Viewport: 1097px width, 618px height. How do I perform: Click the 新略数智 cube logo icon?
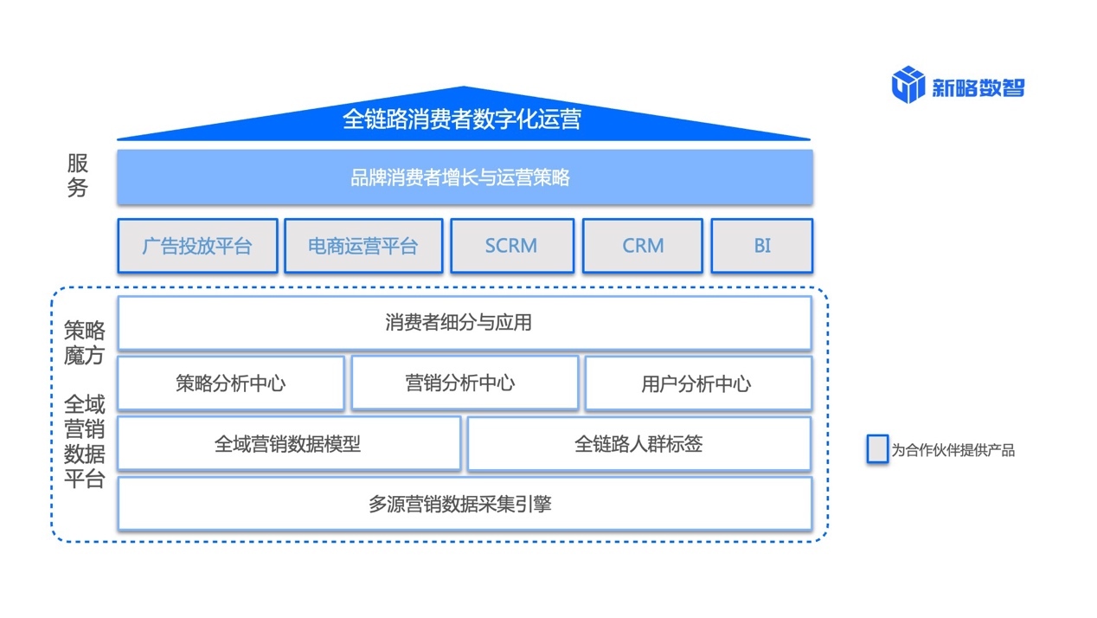pos(908,85)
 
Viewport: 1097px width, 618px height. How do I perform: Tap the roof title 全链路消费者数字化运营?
pos(462,119)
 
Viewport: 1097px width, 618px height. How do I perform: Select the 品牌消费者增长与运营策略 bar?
pos(465,177)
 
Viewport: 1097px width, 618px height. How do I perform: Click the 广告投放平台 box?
pos(197,246)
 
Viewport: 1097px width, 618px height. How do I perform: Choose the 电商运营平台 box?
pos(363,246)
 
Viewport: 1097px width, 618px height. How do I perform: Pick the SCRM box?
pos(511,246)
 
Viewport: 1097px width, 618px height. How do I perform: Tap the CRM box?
pos(643,246)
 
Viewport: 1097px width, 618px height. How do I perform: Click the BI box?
pos(761,246)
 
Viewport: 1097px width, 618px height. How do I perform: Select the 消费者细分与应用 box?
pos(464,323)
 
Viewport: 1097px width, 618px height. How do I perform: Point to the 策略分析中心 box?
pos(230,383)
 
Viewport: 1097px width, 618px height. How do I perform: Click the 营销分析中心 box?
pos(465,383)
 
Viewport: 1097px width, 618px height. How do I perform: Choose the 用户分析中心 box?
pos(698,383)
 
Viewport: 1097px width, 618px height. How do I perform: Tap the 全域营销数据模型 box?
pos(288,444)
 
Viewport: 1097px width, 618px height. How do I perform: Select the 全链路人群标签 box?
pos(639,444)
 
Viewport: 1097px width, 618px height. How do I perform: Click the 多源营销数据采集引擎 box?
pos(464,504)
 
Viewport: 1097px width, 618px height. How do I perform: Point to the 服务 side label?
pos(78,176)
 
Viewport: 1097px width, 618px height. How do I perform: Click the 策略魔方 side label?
pos(85,343)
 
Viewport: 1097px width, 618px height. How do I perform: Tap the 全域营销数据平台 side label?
pos(85,441)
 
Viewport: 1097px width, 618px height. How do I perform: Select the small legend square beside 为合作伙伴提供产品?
pos(877,449)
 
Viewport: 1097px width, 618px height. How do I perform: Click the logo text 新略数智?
pos(978,87)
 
